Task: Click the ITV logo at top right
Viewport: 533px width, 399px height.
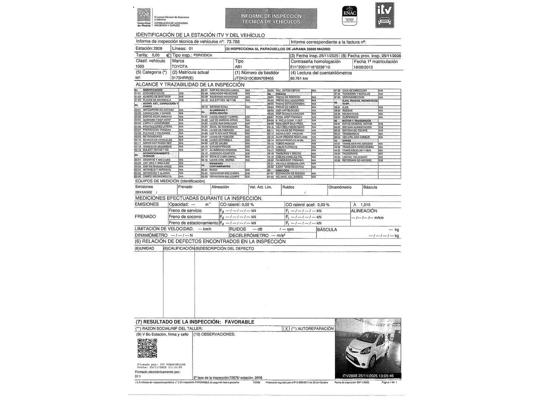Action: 385,15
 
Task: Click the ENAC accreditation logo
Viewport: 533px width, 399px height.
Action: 350,16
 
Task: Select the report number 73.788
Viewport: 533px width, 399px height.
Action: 233,42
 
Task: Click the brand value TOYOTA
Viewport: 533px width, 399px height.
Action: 180,66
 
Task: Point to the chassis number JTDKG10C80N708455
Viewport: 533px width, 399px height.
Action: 254,78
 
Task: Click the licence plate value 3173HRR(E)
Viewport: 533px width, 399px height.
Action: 183,78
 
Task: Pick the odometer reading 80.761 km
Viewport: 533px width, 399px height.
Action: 299,79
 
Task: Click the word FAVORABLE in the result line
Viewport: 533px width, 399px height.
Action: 239,322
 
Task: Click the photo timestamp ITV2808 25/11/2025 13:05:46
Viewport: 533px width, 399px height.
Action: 368,376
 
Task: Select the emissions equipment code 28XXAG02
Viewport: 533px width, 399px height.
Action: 144,192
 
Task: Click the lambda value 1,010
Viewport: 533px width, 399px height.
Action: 365,205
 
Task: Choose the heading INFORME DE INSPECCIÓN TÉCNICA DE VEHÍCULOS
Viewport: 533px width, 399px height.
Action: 271,19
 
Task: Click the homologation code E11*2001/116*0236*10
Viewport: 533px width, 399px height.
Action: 310,67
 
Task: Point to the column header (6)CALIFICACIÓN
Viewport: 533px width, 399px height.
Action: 179,249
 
